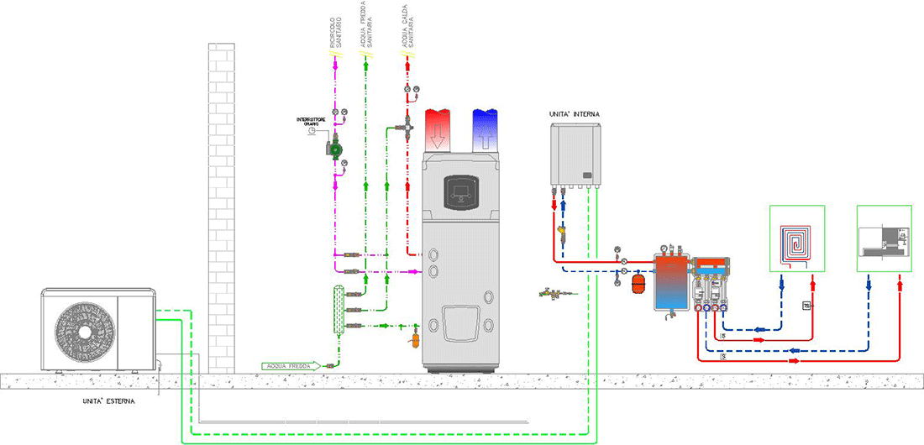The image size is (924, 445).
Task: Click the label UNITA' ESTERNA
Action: tap(103, 401)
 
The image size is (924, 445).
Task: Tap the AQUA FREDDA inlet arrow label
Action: tap(291, 365)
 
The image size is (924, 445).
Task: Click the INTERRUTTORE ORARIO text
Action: tap(312, 122)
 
